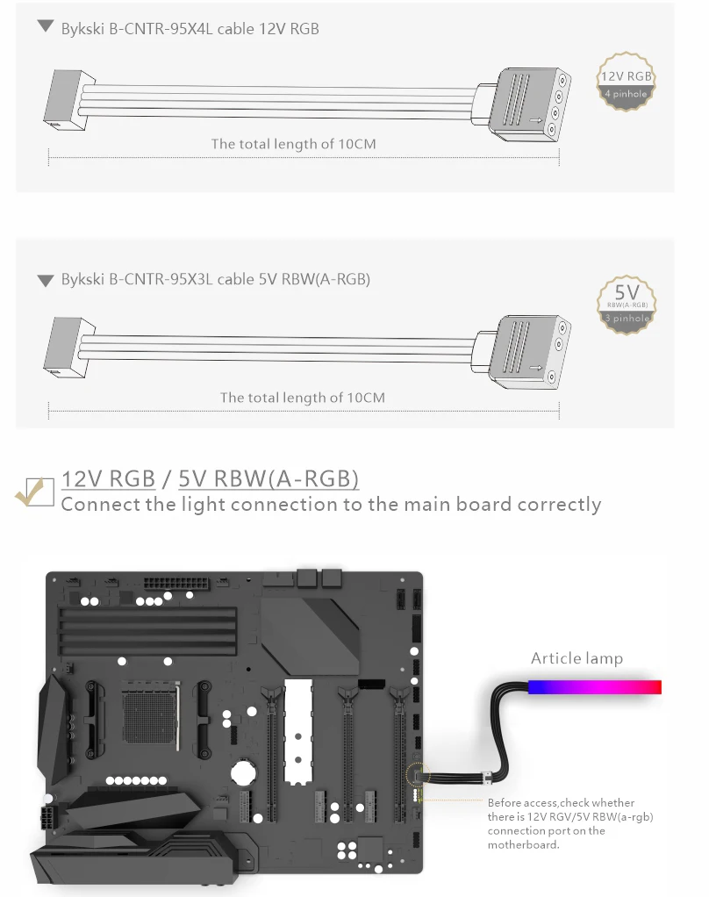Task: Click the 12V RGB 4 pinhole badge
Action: pos(627,83)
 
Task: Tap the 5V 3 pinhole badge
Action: pos(627,303)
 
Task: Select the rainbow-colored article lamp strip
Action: pos(594,686)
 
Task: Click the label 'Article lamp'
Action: pos(577,658)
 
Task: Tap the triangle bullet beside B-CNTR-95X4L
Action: pos(46,27)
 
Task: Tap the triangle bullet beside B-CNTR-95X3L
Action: pos(46,281)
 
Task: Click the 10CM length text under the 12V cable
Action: pos(293,144)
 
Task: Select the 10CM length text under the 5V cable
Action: pos(302,398)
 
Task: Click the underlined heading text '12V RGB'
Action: pos(109,479)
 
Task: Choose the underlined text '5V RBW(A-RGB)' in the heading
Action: pos(269,479)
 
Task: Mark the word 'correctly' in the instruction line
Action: pos(559,505)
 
